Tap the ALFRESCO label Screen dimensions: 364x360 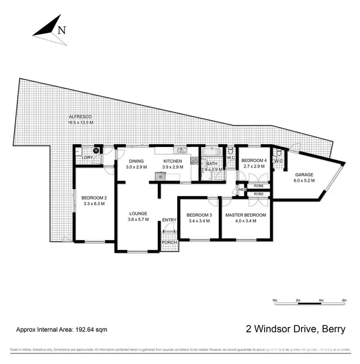(80, 117)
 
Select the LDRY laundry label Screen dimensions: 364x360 (87, 158)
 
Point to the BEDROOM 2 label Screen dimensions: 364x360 (93, 197)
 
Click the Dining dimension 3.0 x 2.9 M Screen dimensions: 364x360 (135, 167)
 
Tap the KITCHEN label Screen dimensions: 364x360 (172, 161)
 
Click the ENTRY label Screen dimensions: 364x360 (169, 220)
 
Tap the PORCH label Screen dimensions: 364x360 (169, 243)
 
